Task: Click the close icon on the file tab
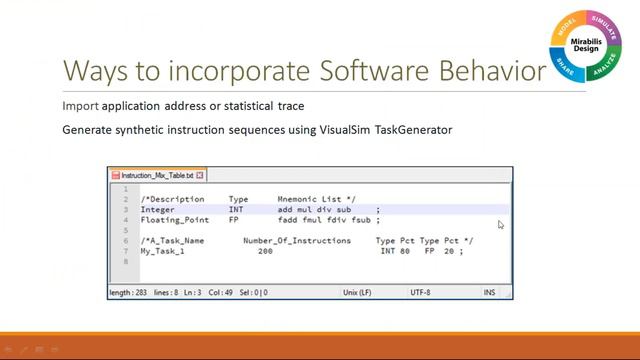(x=200, y=175)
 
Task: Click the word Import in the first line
(x=78, y=105)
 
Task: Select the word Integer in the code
(x=158, y=209)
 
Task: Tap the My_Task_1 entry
(x=162, y=251)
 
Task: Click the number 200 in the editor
(x=264, y=251)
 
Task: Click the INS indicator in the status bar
(x=489, y=292)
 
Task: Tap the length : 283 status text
(x=134, y=292)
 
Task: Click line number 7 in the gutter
(x=126, y=251)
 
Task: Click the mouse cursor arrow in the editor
(x=501, y=225)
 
